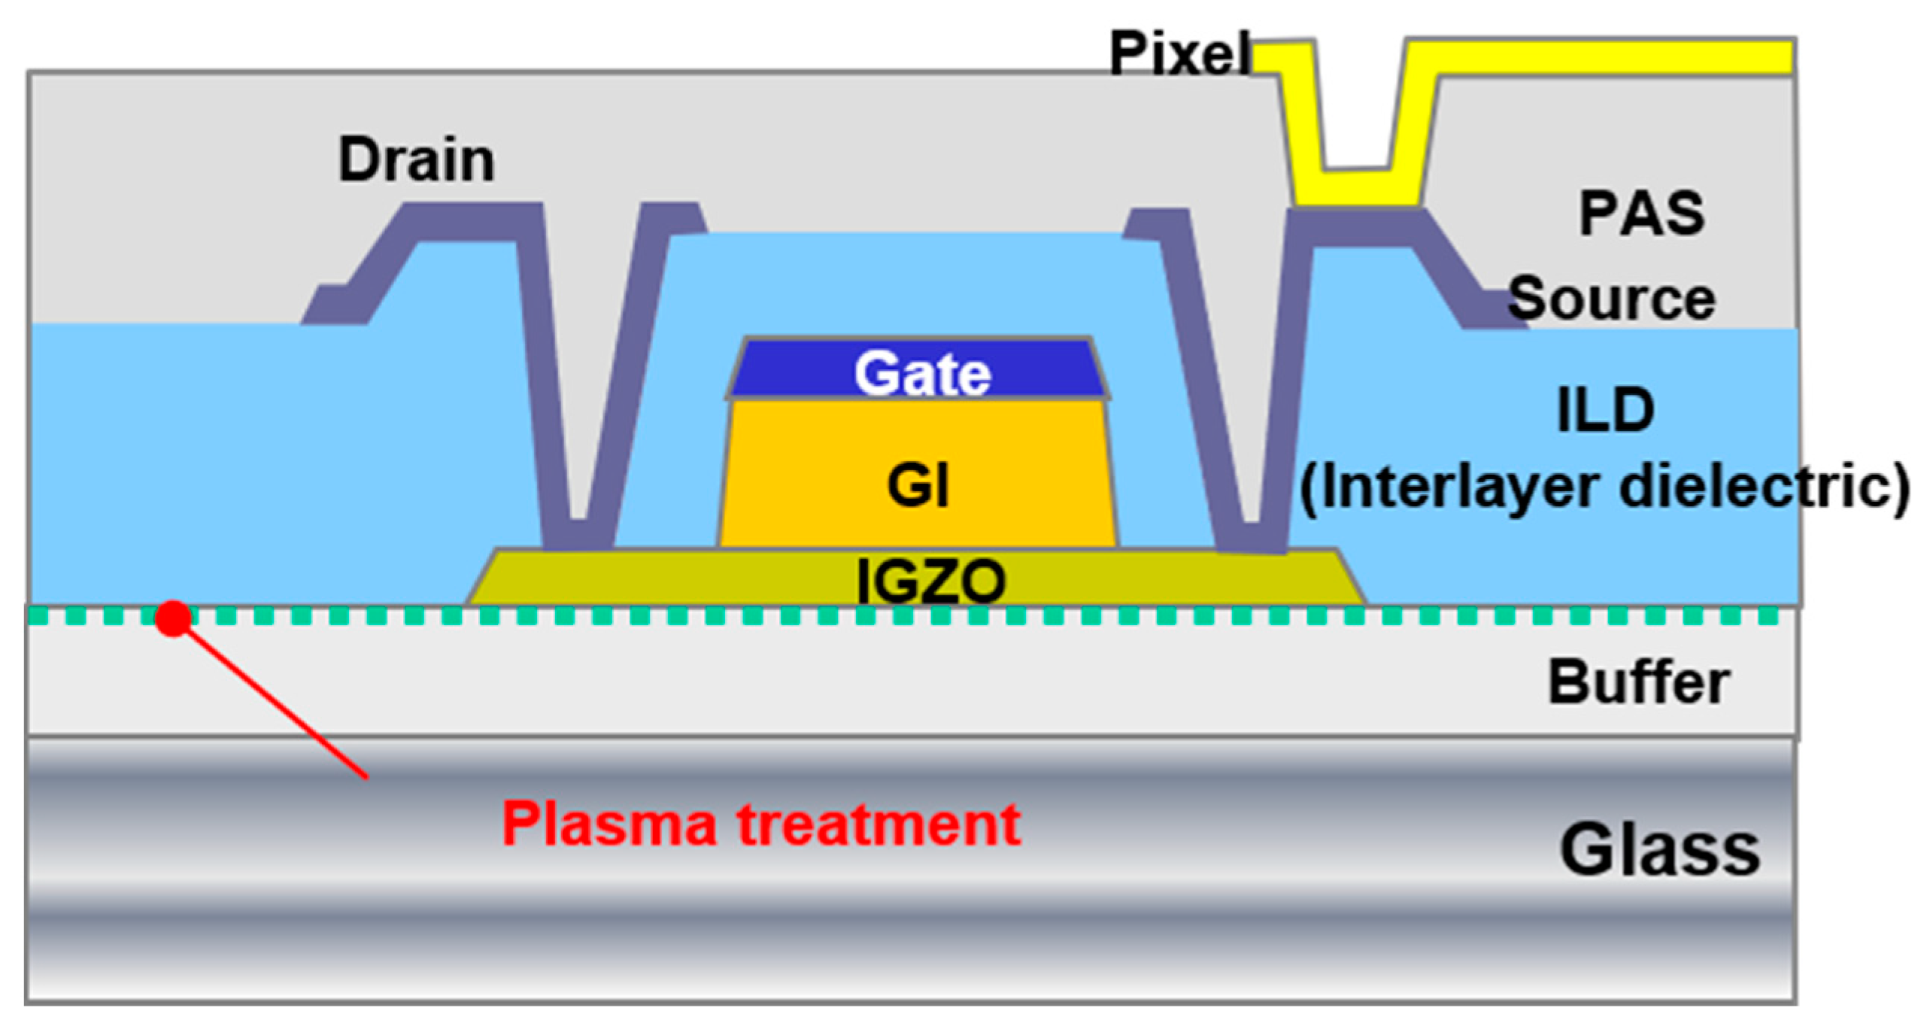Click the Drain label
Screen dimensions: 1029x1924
tap(416, 159)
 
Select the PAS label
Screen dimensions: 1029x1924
tap(1641, 214)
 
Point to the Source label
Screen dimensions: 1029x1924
tap(1611, 299)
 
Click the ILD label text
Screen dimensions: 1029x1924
tap(1605, 410)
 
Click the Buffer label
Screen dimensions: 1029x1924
tap(1638, 683)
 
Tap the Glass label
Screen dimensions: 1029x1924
tap(1659, 850)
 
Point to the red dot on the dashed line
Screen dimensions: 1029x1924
tap(173, 618)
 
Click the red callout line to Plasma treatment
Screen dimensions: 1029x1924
tap(278, 703)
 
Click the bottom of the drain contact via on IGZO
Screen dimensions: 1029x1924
tap(578, 536)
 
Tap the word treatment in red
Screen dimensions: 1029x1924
tap(879, 825)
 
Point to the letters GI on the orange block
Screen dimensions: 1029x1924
tap(918, 485)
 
